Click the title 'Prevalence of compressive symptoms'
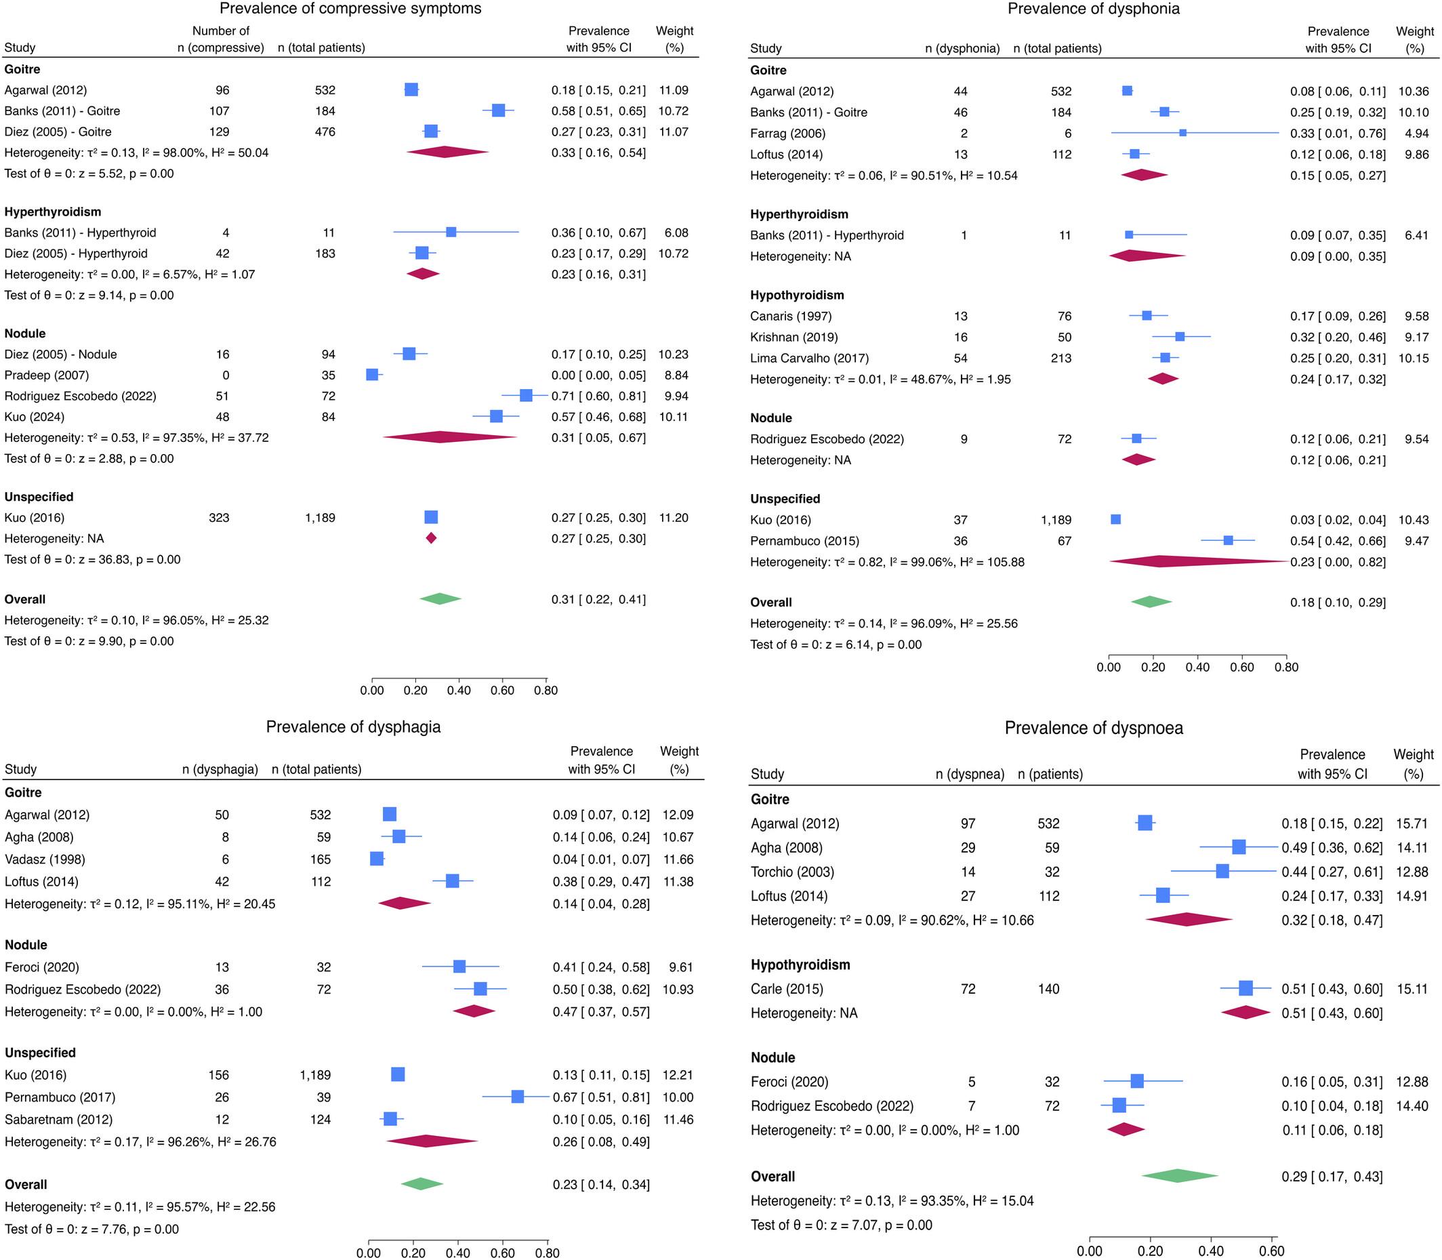coord(351,9)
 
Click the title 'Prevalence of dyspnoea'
coord(1093,729)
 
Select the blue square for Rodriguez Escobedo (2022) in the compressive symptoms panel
coord(525,396)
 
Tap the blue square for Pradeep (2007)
coord(373,375)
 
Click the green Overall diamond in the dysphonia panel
coord(1151,602)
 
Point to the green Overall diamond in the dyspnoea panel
coord(1179,1176)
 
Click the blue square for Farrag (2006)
coord(1182,133)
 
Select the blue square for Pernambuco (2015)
coord(1228,541)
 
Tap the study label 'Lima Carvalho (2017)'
coord(809,359)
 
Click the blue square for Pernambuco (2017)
coord(518,1097)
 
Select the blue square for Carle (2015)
coord(1245,989)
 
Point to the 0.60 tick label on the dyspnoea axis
coord(1272,1252)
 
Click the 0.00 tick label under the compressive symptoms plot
coord(372,691)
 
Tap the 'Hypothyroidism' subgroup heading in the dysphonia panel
coord(798,296)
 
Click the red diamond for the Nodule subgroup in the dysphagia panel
coord(474,1011)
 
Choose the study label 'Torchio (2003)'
coord(792,872)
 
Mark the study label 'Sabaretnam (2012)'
coord(58,1120)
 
